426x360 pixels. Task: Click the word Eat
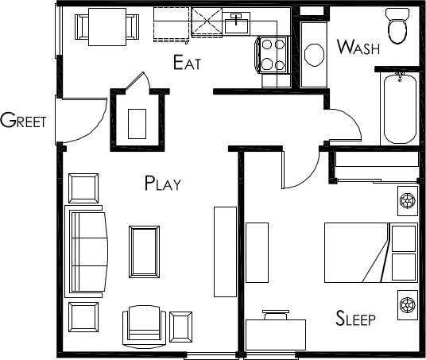(x=187, y=63)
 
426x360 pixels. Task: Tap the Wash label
(x=358, y=47)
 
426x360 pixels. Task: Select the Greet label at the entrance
(x=23, y=120)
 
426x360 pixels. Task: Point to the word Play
(x=163, y=183)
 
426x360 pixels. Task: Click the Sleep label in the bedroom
(x=355, y=318)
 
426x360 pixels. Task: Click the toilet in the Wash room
(x=397, y=25)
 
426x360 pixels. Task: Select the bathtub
(x=400, y=109)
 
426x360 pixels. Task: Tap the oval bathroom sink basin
(x=315, y=55)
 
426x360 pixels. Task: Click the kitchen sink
(x=236, y=23)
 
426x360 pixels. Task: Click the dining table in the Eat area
(x=107, y=27)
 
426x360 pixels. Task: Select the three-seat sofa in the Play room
(x=86, y=252)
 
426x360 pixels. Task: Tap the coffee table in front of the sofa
(x=144, y=252)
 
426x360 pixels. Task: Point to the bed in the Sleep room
(x=371, y=253)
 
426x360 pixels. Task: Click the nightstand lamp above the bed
(x=408, y=201)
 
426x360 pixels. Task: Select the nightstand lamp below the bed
(x=408, y=305)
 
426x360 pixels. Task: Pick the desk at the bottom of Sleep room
(x=276, y=335)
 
